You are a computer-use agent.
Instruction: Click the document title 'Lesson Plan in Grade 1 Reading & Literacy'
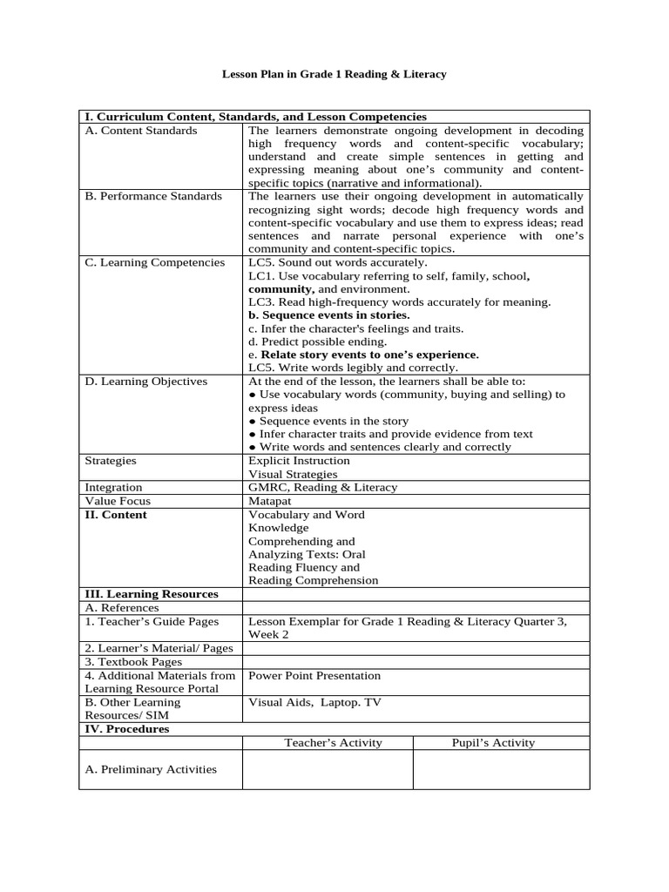click(x=334, y=75)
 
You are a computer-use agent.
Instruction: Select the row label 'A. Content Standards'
click(x=141, y=131)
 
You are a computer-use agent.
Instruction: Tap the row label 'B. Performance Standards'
click(x=153, y=196)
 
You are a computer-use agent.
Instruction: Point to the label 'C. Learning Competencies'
click(x=154, y=262)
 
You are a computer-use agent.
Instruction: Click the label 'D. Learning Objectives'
click(x=146, y=381)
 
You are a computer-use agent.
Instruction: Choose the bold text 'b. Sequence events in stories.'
click(x=328, y=314)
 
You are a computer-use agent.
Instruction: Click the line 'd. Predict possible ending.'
click(x=317, y=341)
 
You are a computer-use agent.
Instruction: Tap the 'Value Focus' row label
click(x=118, y=501)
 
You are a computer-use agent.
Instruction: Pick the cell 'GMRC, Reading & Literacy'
click(x=322, y=487)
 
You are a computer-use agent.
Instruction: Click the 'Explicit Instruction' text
click(x=299, y=460)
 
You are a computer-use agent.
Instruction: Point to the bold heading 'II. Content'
click(x=116, y=515)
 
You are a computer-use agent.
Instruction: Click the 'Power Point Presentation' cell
click(x=314, y=675)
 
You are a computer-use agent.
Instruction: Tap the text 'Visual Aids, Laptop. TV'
click(x=314, y=702)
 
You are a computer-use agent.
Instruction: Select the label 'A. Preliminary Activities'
click(x=151, y=769)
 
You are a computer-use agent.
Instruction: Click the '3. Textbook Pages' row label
click(x=133, y=661)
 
